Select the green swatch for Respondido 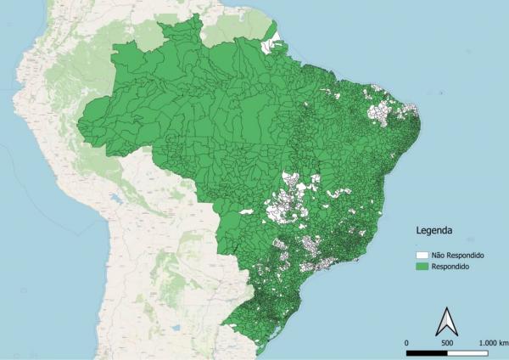coord(422,267)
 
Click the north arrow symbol coord(446,323)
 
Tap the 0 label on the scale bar coord(407,341)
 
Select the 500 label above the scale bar coord(448,341)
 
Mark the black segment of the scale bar coord(428,351)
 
